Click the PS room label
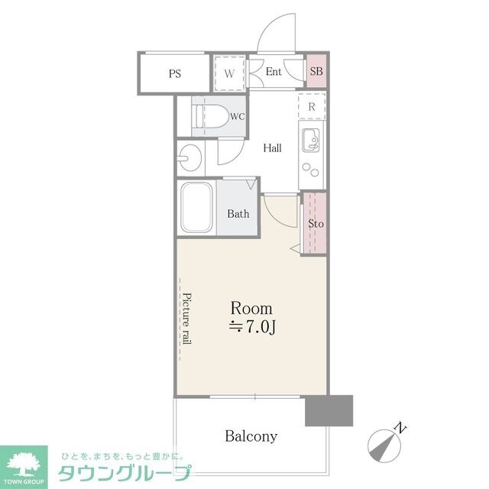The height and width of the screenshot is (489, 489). click(175, 74)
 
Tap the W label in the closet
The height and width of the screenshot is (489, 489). click(228, 74)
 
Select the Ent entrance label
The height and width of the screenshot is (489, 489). click(274, 73)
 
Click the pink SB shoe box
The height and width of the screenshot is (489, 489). click(316, 73)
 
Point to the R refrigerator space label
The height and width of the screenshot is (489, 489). click(312, 107)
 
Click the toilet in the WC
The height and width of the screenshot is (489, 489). click(211, 117)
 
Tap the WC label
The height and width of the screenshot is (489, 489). click(237, 117)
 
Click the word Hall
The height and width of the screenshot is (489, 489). click(273, 148)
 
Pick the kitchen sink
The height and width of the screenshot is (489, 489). click(311, 139)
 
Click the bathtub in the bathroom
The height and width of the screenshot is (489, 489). click(197, 207)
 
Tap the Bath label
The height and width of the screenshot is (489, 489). click(238, 214)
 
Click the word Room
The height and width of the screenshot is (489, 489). click(251, 309)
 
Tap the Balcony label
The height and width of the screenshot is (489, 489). click(251, 437)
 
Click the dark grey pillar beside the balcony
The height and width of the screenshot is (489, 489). click(329, 411)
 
